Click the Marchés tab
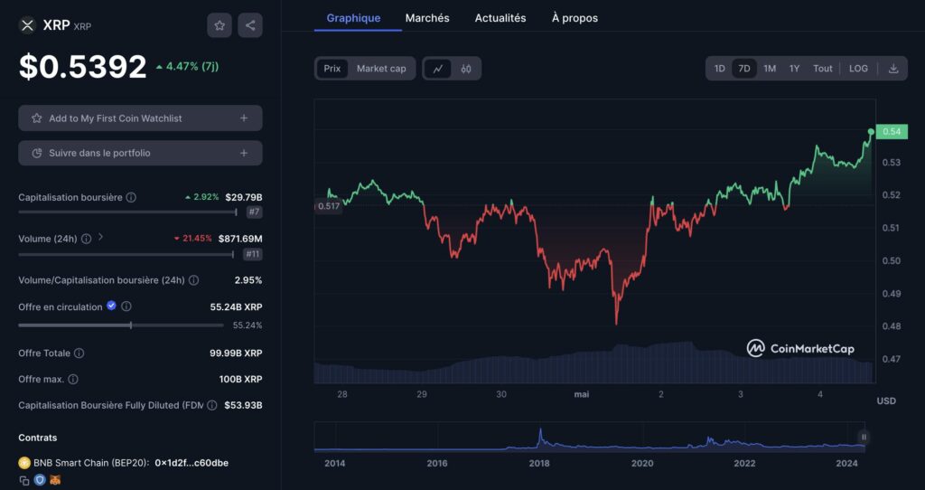[427, 18]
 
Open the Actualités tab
[500, 18]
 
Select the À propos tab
[575, 18]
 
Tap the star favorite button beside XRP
[220, 25]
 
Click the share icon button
[250, 25]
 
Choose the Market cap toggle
[381, 69]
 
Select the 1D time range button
[720, 69]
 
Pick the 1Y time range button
[794, 69]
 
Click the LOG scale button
[858, 69]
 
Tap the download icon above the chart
[893, 69]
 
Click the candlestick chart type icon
[466, 69]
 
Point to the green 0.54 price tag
[891, 132]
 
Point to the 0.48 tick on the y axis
[891, 326]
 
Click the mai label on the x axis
[581, 394]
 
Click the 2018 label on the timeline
[539, 464]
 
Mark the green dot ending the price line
[871, 132]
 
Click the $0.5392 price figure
[83, 66]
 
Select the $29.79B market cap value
[244, 197]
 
